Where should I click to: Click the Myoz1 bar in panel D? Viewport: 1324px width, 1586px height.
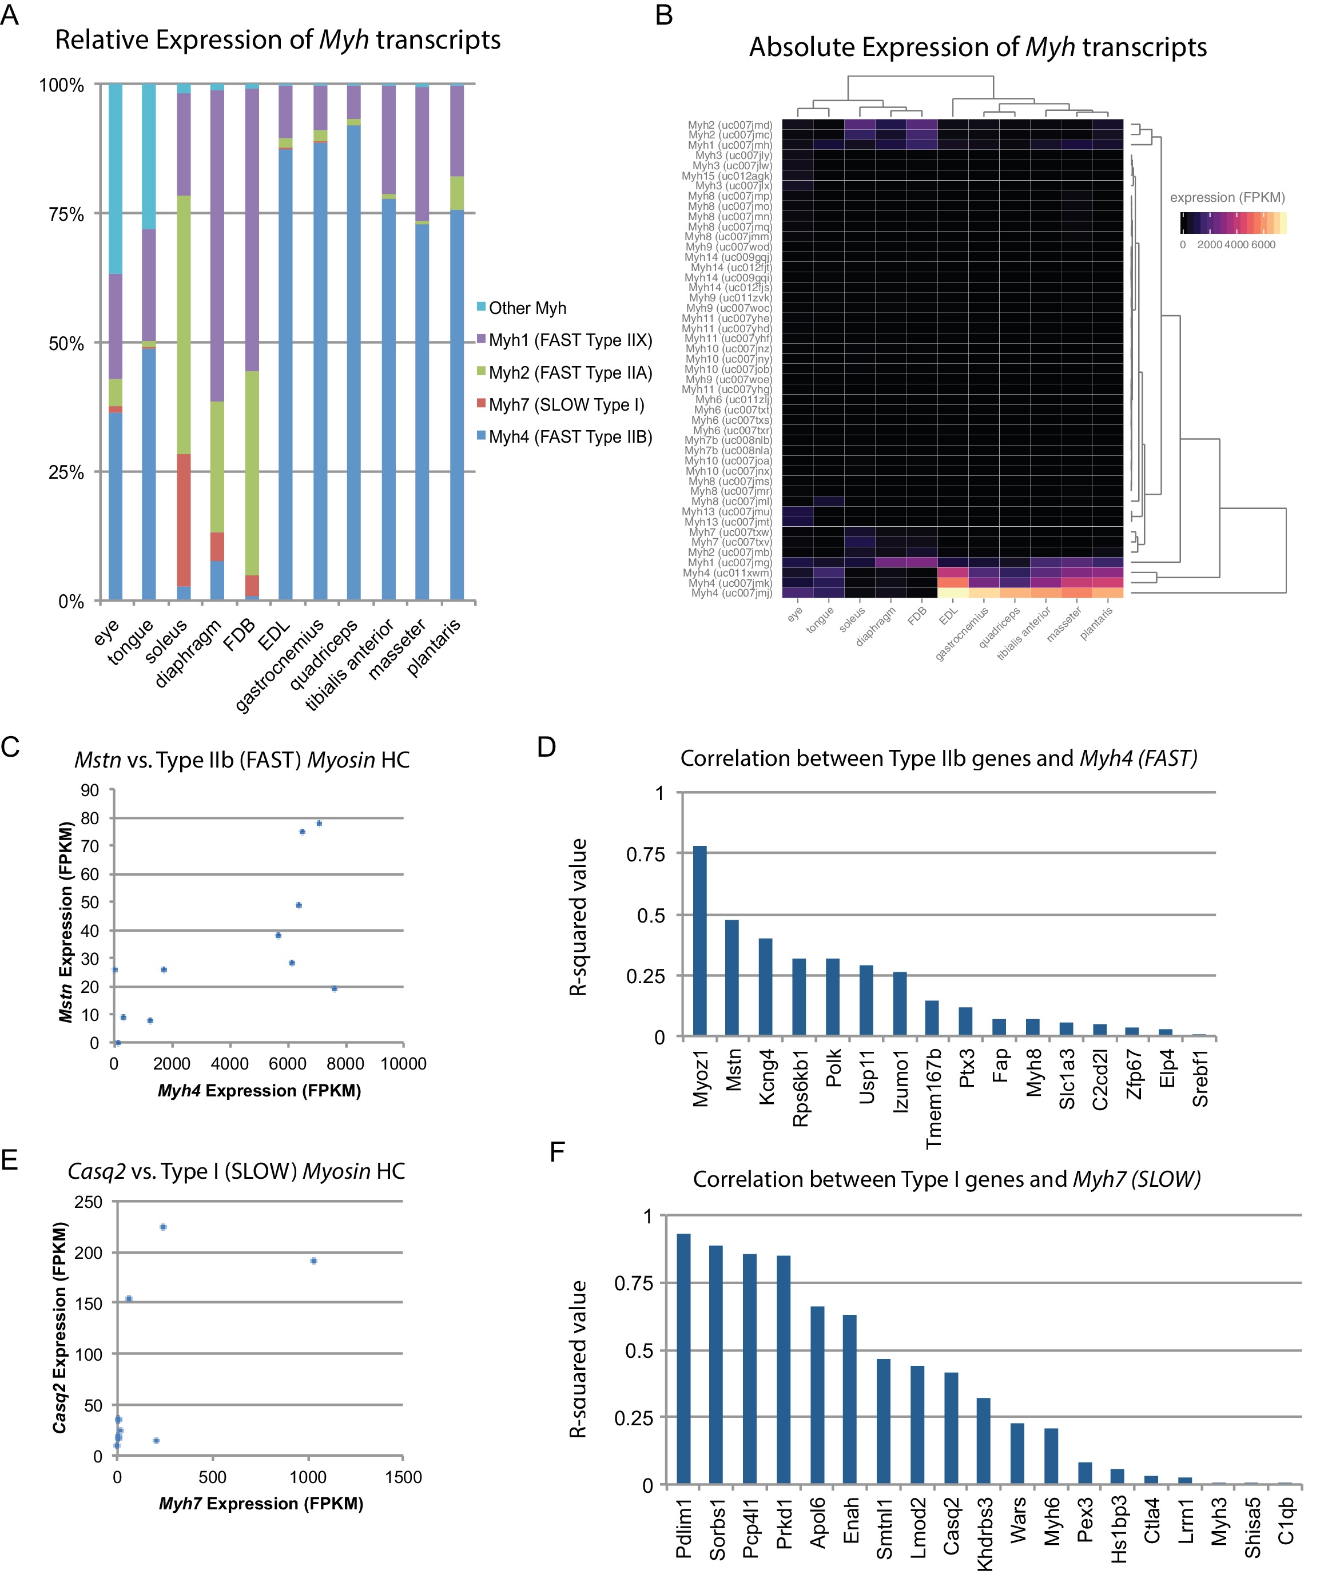pos(700,941)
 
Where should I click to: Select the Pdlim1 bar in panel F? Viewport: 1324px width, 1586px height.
pos(683,1360)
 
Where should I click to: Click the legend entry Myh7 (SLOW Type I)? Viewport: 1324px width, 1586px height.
pos(566,405)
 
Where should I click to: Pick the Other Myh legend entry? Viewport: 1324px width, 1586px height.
pos(526,308)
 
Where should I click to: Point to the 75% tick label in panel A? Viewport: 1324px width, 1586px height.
pos(66,214)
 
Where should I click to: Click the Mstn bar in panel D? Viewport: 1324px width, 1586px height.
pos(732,977)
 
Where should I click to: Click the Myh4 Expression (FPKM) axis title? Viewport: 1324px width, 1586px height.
pos(259,1091)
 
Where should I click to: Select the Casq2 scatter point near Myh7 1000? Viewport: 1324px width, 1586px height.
pos(313,1261)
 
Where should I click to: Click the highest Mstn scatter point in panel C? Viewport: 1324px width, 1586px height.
pos(319,823)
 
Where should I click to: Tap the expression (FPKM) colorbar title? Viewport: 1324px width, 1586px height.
pos(1227,198)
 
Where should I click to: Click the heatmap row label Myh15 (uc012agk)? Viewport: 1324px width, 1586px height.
pos(726,176)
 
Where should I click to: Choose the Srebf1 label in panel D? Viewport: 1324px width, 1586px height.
pos(1200,1079)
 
